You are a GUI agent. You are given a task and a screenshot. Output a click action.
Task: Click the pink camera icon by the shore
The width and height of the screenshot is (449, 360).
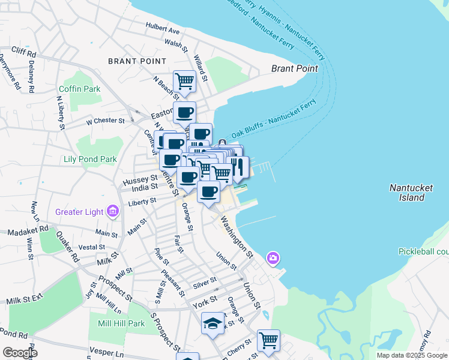[273, 258]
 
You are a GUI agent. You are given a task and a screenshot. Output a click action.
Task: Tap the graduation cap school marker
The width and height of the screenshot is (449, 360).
[212, 325]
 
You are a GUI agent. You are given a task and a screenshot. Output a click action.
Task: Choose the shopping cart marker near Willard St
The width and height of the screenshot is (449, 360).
[184, 80]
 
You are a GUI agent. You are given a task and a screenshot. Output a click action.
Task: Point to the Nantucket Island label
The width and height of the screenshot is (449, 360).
[411, 192]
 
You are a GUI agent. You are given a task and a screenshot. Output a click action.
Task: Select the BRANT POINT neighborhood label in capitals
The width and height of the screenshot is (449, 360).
[137, 61]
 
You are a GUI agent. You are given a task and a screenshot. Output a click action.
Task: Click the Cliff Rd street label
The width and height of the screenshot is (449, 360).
[23, 54]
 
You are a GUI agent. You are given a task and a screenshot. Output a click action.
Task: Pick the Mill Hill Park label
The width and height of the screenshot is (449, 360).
[121, 323]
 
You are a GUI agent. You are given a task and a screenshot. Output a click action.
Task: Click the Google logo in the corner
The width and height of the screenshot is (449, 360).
[20, 352]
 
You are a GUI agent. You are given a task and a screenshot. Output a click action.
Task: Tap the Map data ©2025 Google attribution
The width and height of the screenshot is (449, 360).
[412, 355]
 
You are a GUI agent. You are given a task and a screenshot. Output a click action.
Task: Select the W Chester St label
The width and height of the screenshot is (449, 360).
[105, 121]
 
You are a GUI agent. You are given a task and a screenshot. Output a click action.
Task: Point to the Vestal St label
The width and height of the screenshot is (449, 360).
[92, 247]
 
